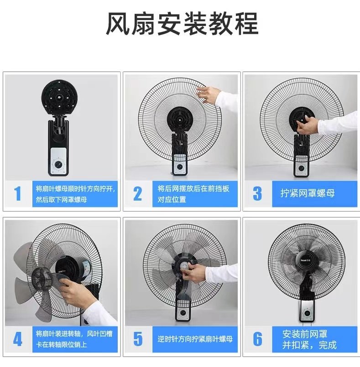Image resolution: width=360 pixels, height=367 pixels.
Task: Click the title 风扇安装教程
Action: click(182, 24)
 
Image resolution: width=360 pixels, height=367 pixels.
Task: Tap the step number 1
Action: click(18, 194)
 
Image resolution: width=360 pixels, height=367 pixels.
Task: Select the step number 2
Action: click(137, 194)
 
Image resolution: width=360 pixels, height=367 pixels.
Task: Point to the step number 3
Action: click(257, 194)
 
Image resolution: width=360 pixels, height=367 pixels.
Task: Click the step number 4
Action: click(18, 339)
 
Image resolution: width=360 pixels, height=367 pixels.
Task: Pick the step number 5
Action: click(138, 339)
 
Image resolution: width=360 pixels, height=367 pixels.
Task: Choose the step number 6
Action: click(258, 339)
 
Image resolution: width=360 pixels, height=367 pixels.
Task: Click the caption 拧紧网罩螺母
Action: click(308, 193)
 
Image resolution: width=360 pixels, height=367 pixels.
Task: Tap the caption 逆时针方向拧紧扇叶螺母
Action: click(195, 339)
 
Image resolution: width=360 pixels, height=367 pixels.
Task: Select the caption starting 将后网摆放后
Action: click(193, 194)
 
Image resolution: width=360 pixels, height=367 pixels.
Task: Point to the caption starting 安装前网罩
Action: click(309, 339)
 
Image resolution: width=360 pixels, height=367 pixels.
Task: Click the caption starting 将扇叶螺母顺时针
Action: click(75, 194)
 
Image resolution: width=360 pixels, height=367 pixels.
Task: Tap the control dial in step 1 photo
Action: click(59, 164)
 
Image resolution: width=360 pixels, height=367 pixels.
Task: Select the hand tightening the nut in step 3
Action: click(307, 125)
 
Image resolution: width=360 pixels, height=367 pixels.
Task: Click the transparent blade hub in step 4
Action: click(42, 277)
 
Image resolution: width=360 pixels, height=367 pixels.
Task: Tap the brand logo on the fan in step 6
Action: click(306, 260)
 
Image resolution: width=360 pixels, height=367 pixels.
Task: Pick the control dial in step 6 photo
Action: click(306, 313)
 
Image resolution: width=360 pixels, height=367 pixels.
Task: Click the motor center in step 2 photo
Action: click(180, 120)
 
